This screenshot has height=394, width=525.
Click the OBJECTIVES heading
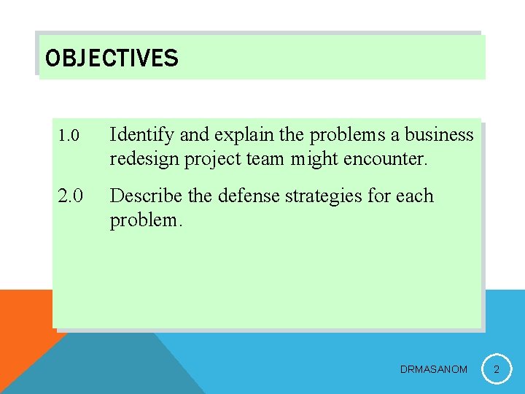pyautogui.click(x=112, y=58)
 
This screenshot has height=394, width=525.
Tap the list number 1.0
pyautogui.click(x=69, y=136)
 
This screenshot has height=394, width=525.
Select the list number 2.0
pyautogui.click(x=71, y=196)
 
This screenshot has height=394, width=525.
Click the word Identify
pyautogui.click(x=142, y=135)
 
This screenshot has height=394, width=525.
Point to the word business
pyautogui.click(x=439, y=135)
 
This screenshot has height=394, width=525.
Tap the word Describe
pyautogui.click(x=146, y=196)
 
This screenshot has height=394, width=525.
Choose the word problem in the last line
pyautogui.click(x=145, y=220)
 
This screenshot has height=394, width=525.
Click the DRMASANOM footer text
pyautogui.click(x=434, y=370)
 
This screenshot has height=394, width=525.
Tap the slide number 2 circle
pyautogui.click(x=497, y=370)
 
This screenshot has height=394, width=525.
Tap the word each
pyautogui.click(x=416, y=196)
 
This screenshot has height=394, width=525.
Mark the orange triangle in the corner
pyautogui.click(x=22, y=328)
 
